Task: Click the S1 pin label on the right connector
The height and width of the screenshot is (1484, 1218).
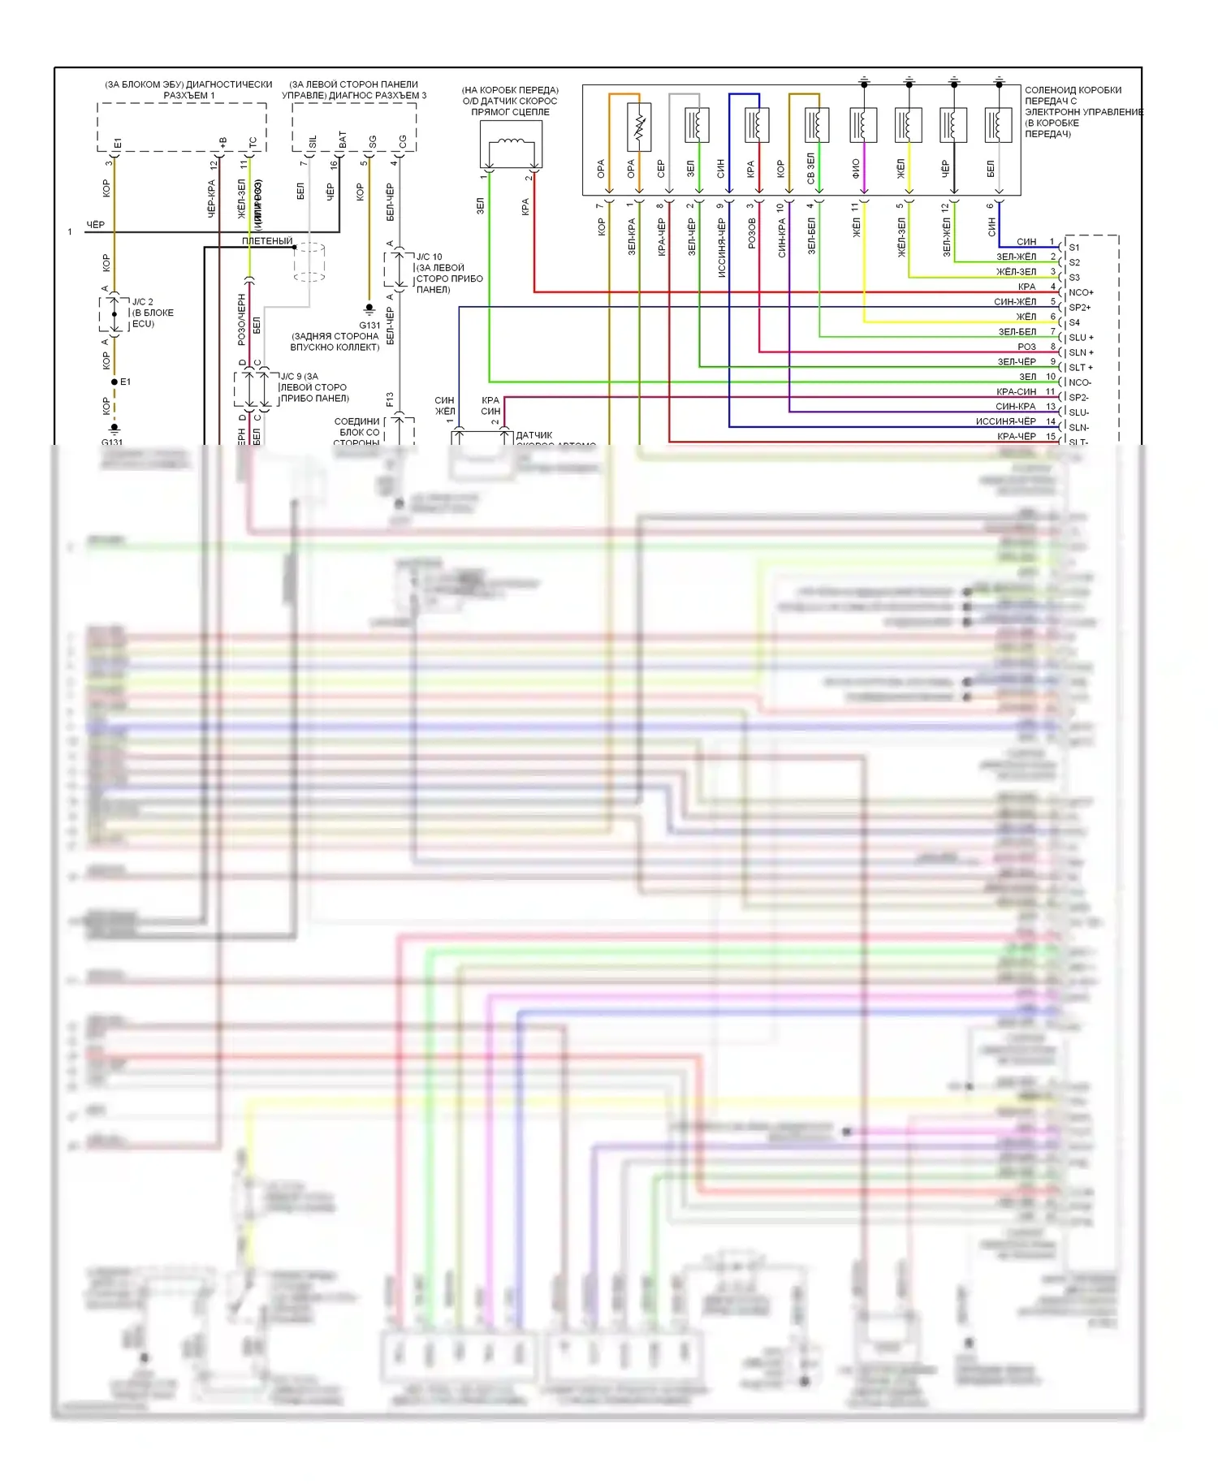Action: [x=1073, y=248]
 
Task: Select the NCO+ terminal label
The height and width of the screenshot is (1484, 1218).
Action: [x=1081, y=292]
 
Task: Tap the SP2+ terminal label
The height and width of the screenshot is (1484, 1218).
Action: [x=1079, y=308]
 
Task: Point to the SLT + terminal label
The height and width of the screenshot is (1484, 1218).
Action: [x=1081, y=368]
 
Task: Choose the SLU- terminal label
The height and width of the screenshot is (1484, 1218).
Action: [x=1079, y=412]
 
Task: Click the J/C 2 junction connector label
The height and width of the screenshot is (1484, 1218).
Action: [x=142, y=302]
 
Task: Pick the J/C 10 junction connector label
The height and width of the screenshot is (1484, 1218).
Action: [x=429, y=257]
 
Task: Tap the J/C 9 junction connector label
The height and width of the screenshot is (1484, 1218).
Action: [x=299, y=377]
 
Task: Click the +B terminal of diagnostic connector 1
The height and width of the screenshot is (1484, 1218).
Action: [x=222, y=143]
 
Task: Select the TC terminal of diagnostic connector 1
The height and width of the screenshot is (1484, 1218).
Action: [x=253, y=143]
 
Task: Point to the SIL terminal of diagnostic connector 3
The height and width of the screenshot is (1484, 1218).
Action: [x=313, y=142]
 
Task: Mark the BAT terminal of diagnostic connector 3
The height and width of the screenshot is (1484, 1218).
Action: [x=343, y=140]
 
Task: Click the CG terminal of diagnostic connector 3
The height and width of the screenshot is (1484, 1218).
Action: [x=402, y=142]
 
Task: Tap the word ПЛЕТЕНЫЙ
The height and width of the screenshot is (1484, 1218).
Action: [x=267, y=241]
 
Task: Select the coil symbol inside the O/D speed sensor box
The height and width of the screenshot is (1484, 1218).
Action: [x=510, y=144]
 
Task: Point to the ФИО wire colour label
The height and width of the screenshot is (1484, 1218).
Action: [x=856, y=168]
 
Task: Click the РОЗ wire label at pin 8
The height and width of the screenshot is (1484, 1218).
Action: [x=1026, y=347]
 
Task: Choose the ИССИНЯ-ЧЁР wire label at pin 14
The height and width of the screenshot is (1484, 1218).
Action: [x=1005, y=421]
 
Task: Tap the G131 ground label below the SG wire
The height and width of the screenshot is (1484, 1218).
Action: [x=369, y=325]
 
